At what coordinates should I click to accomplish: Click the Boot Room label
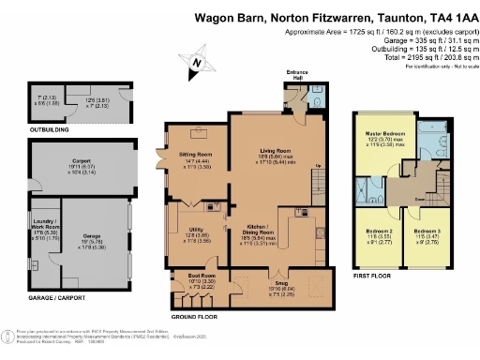click(x=188, y=275)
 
